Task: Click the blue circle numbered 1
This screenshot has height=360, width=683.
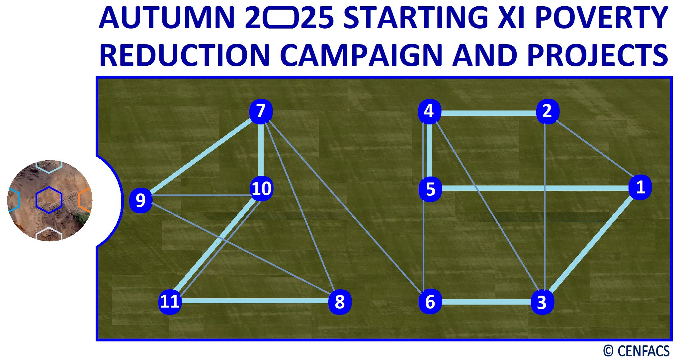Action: [640, 187]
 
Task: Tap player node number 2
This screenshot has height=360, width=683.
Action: [547, 111]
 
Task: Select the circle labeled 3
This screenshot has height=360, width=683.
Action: [542, 302]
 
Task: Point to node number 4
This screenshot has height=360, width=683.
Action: [429, 111]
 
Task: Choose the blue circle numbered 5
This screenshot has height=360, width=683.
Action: [430, 189]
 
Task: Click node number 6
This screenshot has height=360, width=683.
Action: [430, 302]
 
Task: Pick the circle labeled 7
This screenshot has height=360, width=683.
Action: [261, 111]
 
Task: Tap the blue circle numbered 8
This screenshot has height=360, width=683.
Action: [340, 302]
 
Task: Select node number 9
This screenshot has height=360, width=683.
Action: [140, 200]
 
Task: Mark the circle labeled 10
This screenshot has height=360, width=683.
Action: [262, 188]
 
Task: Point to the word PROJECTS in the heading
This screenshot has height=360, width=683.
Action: [598, 55]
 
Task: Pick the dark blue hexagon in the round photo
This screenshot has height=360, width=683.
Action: [49, 200]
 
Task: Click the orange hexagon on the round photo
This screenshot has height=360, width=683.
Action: [86, 200]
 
